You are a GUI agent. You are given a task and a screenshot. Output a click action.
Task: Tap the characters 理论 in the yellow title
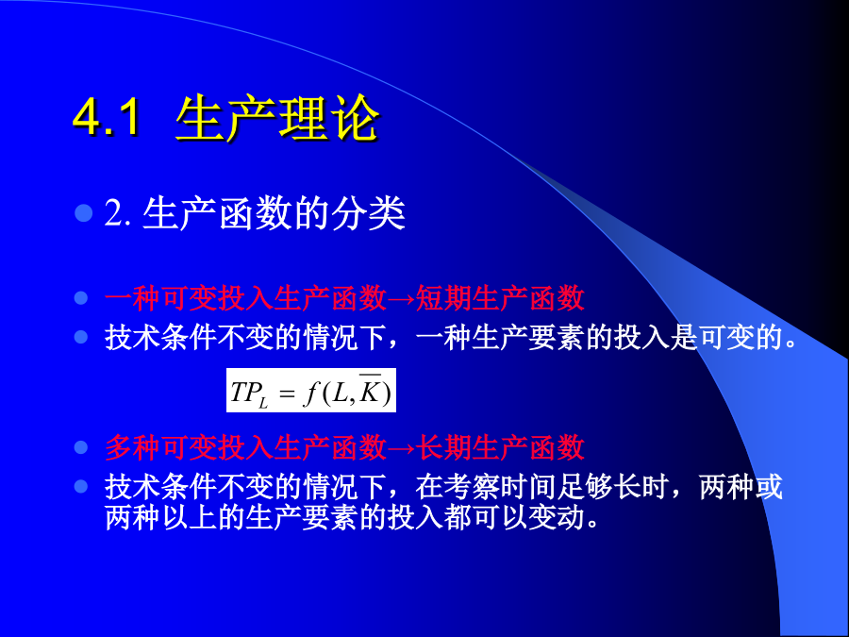(327, 117)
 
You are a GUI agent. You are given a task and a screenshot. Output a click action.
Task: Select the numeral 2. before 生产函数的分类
(117, 213)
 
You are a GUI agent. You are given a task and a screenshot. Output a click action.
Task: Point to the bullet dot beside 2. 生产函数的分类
(84, 213)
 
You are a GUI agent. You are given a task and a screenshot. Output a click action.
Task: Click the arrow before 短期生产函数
(401, 299)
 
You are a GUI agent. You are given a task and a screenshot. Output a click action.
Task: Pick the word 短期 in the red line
(443, 298)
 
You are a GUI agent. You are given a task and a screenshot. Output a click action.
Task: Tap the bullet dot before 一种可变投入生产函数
(81, 298)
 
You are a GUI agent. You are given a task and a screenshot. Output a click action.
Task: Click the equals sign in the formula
(287, 393)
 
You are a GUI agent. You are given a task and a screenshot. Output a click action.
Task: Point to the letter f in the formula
(310, 393)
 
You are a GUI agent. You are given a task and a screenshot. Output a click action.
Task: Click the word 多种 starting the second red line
(132, 447)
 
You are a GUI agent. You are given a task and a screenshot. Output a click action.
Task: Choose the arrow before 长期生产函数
(401, 448)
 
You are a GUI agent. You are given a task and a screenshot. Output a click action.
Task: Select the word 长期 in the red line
(443, 447)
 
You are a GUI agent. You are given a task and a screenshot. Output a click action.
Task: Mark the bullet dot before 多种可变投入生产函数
(81, 447)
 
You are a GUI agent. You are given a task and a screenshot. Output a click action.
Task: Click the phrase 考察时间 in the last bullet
(500, 486)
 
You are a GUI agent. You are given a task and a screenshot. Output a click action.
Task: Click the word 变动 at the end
(557, 517)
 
